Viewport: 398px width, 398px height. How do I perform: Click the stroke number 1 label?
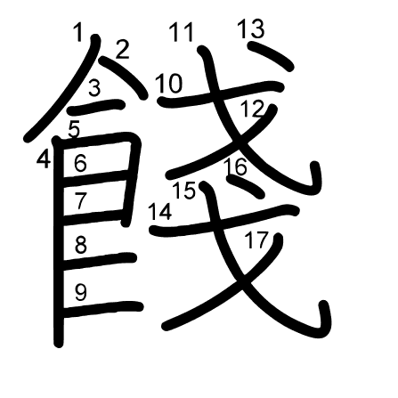click(x=78, y=32)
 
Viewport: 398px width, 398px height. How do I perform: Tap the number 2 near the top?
click(x=122, y=49)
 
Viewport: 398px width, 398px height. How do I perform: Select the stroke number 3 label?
click(x=94, y=88)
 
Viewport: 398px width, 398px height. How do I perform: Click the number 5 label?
click(x=74, y=130)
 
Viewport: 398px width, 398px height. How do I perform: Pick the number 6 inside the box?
click(x=80, y=164)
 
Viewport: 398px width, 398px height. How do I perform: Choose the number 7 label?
click(x=80, y=200)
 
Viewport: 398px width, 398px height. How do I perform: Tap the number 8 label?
click(x=80, y=245)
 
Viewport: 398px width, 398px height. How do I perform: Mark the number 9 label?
click(x=80, y=292)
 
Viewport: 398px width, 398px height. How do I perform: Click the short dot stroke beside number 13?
click(x=270, y=55)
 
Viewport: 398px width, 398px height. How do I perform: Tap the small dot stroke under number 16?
click(x=245, y=187)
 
